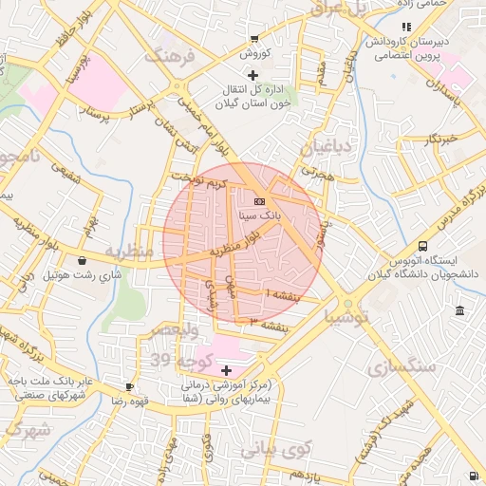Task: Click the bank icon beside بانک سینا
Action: click(x=260, y=200)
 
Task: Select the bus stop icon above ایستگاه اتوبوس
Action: click(x=422, y=245)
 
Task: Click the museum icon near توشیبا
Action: click(x=460, y=311)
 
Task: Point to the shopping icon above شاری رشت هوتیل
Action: click(x=82, y=260)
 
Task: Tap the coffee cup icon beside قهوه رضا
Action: click(x=130, y=386)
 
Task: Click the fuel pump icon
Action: click(x=473, y=476)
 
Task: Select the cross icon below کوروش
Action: click(x=252, y=75)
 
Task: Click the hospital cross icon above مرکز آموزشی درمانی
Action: click(x=226, y=369)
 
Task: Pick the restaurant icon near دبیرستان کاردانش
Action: click(x=406, y=27)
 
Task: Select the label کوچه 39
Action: click(x=177, y=360)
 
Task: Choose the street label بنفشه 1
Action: click(x=284, y=295)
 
